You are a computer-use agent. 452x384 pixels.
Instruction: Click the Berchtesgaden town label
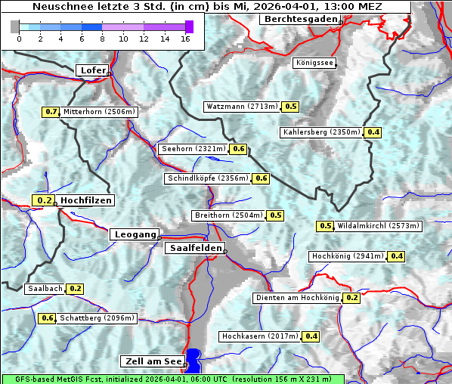(x=300, y=19)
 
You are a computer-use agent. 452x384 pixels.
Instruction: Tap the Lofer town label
(x=92, y=70)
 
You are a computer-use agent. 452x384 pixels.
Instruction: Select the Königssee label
(x=314, y=63)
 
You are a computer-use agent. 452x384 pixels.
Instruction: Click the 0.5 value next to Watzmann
(x=291, y=107)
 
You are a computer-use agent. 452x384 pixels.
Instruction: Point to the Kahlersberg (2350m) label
(x=322, y=132)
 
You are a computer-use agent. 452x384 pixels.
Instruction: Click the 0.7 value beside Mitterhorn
(x=51, y=112)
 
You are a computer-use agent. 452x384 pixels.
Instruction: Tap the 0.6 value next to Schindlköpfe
(x=261, y=178)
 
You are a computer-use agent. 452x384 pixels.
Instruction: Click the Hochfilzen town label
(x=86, y=200)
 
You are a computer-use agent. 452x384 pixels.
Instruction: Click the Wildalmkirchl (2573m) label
(x=378, y=226)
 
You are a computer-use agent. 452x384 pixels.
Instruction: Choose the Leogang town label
(x=135, y=234)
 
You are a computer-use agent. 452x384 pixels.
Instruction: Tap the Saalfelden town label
(x=194, y=248)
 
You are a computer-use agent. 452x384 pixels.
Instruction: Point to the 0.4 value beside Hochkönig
(x=397, y=256)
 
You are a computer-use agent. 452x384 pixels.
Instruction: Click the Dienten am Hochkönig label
(x=297, y=298)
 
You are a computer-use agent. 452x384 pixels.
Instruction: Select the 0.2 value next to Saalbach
(x=75, y=289)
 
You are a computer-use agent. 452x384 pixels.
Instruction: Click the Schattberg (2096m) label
(x=98, y=318)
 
